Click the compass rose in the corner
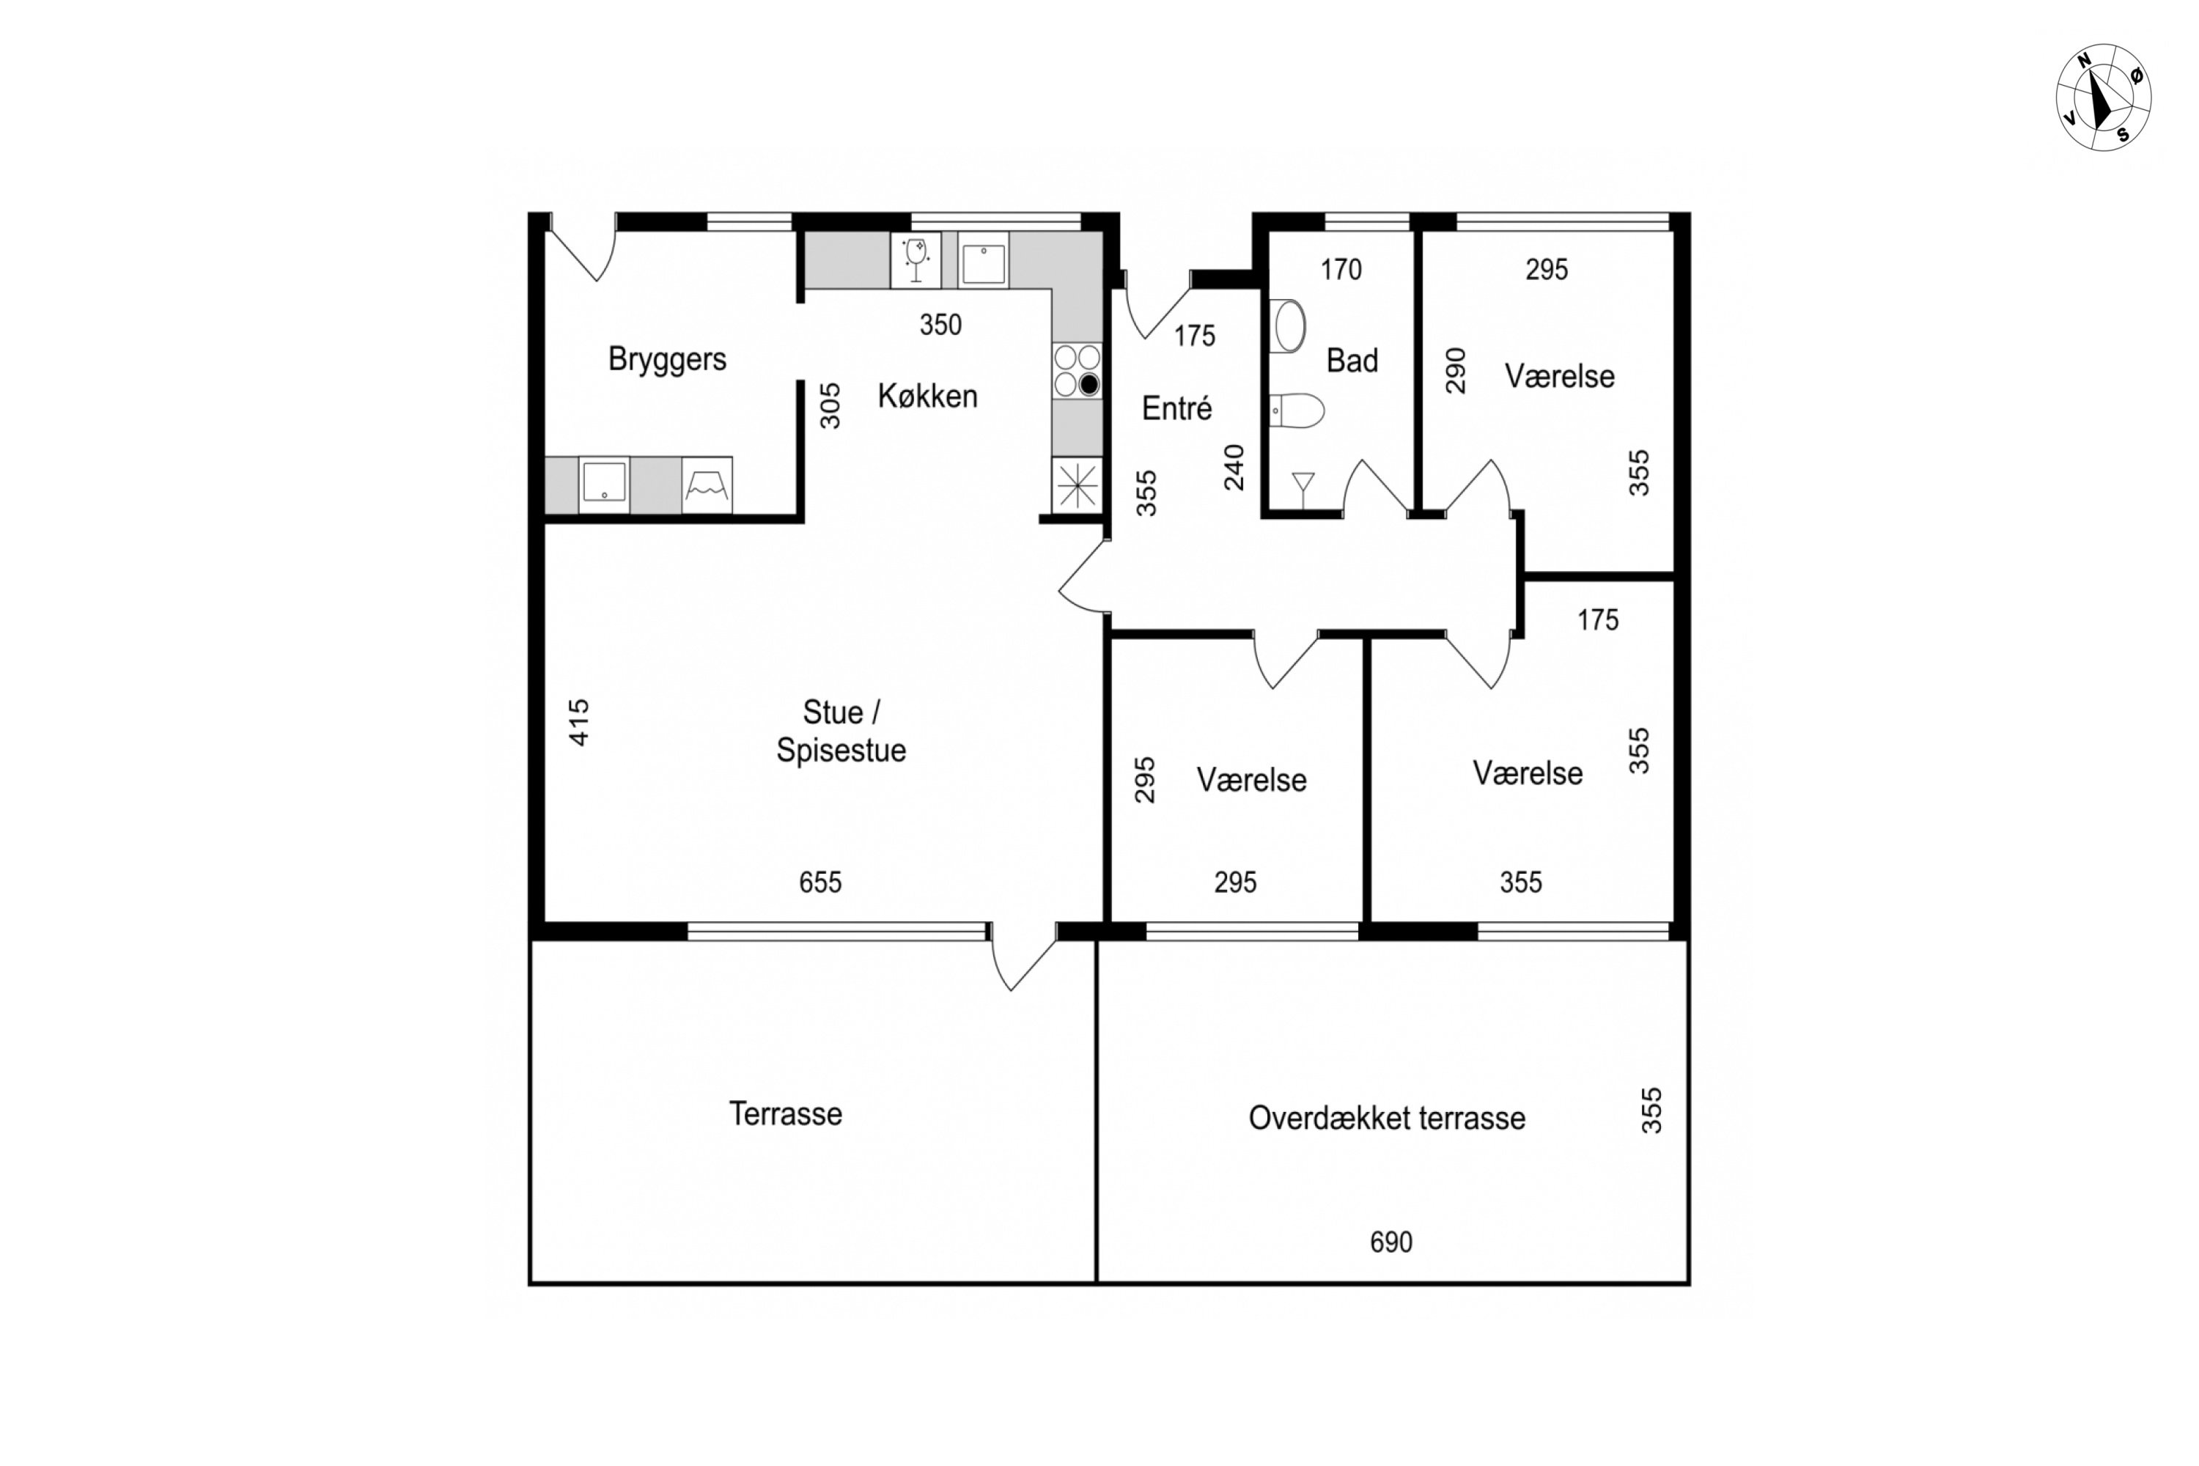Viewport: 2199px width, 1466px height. tap(2103, 97)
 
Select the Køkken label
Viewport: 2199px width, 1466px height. tap(927, 397)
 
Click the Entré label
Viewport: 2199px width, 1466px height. tap(1177, 408)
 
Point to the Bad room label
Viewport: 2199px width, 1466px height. tap(1352, 361)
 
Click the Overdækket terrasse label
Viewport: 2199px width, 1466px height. tap(1387, 1119)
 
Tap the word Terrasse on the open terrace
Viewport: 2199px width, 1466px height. tap(785, 1113)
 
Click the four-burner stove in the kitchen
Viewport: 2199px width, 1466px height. tap(1077, 371)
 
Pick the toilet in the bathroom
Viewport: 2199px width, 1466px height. tap(1297, 410)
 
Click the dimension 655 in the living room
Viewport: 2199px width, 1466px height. tap(820, 883)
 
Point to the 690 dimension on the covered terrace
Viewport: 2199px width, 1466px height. tap(1391, 1242)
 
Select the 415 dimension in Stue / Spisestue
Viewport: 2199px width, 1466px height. tap(580, 723)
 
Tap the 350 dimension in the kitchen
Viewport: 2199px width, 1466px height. tap(940, 325)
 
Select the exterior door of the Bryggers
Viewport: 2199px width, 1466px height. tap(583, 247)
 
